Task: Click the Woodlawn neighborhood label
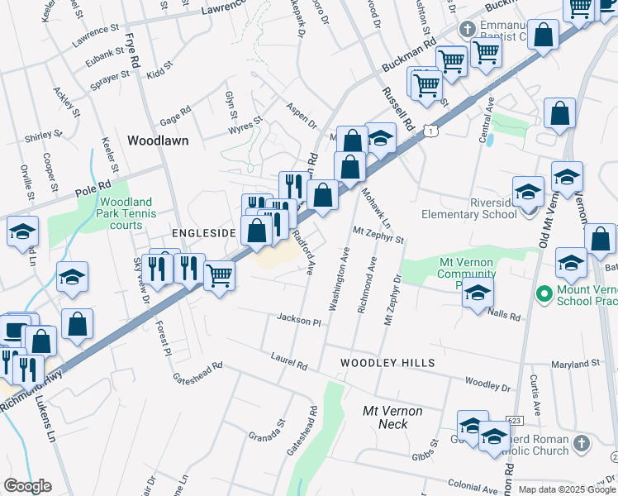[x=158, y=141]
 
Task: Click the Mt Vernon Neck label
[x=393, y=417]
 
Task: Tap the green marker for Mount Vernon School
[x=544, y=293]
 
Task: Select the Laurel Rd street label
[x=288, y=360]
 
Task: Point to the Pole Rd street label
[x=93, y=188]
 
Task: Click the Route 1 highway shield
[x=430, y=131]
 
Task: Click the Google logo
[x=27, y=486]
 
